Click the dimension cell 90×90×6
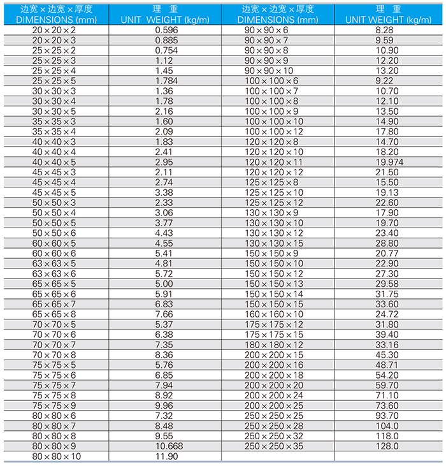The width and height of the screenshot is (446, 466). pyautogui.click(x=266, y=30)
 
